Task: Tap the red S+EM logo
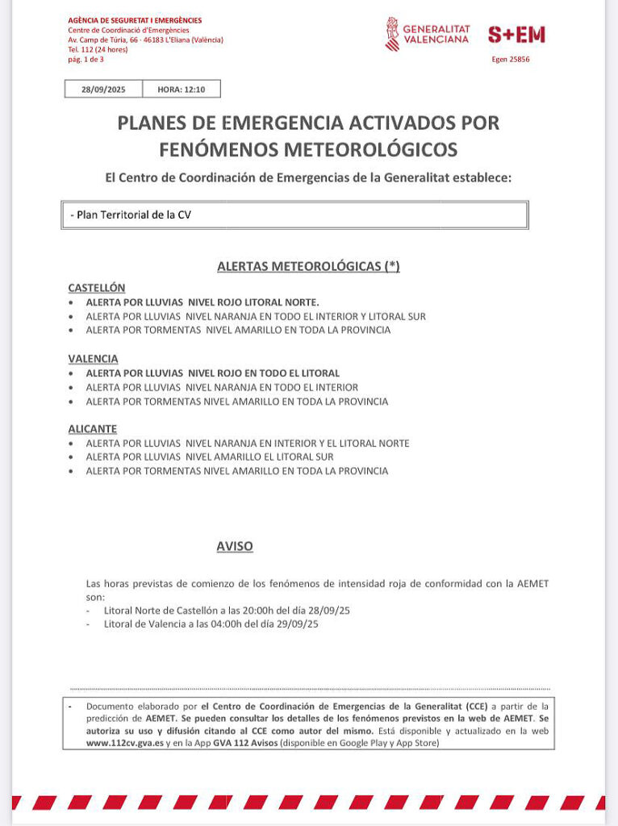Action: (x=516, y=34)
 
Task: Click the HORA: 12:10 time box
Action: (x=181, y=90)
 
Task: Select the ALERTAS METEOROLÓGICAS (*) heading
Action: (x=308, y=266)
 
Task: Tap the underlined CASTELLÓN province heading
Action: (x=97, y=287)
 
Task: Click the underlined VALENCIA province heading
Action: (x=93, y=358)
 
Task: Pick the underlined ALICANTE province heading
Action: (x=92, y=429)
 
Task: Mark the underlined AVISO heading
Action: (x=235, y=546)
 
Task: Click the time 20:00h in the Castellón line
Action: (x=242, y=610)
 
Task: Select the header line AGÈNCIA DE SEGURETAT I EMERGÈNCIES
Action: (x=135, y=20)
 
